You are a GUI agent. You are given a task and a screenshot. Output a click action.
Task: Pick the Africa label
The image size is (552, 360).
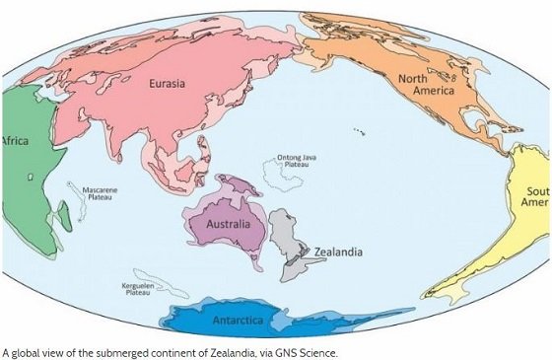pos(16,140)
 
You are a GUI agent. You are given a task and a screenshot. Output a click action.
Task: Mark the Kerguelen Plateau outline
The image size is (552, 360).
pos(163,289)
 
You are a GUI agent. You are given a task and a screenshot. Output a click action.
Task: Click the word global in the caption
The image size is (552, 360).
pos(27,351)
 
